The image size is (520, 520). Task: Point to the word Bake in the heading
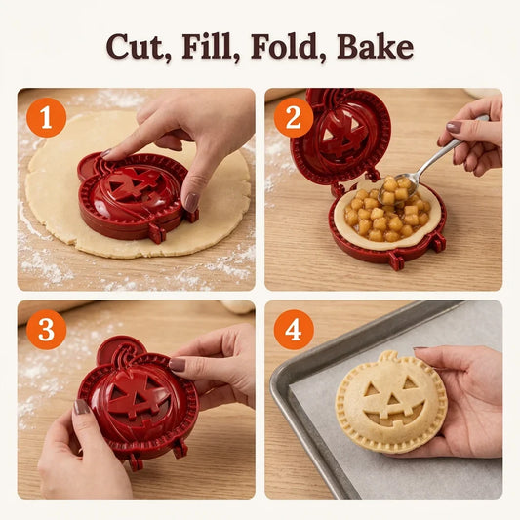pos(375,46)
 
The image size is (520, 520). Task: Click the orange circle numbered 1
pos(46,117)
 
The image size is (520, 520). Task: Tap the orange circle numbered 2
pos(294,117)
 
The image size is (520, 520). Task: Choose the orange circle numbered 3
pos(46,330)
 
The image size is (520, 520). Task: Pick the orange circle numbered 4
pos(294,330)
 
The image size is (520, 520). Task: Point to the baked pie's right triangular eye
pos(410,383)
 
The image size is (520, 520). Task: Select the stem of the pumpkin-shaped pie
pos(388,357)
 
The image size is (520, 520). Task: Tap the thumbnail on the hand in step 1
pos(191,202)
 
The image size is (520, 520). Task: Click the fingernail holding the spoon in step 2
pos(454,127)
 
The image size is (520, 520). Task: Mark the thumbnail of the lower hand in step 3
pos(81,407)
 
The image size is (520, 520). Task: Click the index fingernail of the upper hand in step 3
pos(178,364)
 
